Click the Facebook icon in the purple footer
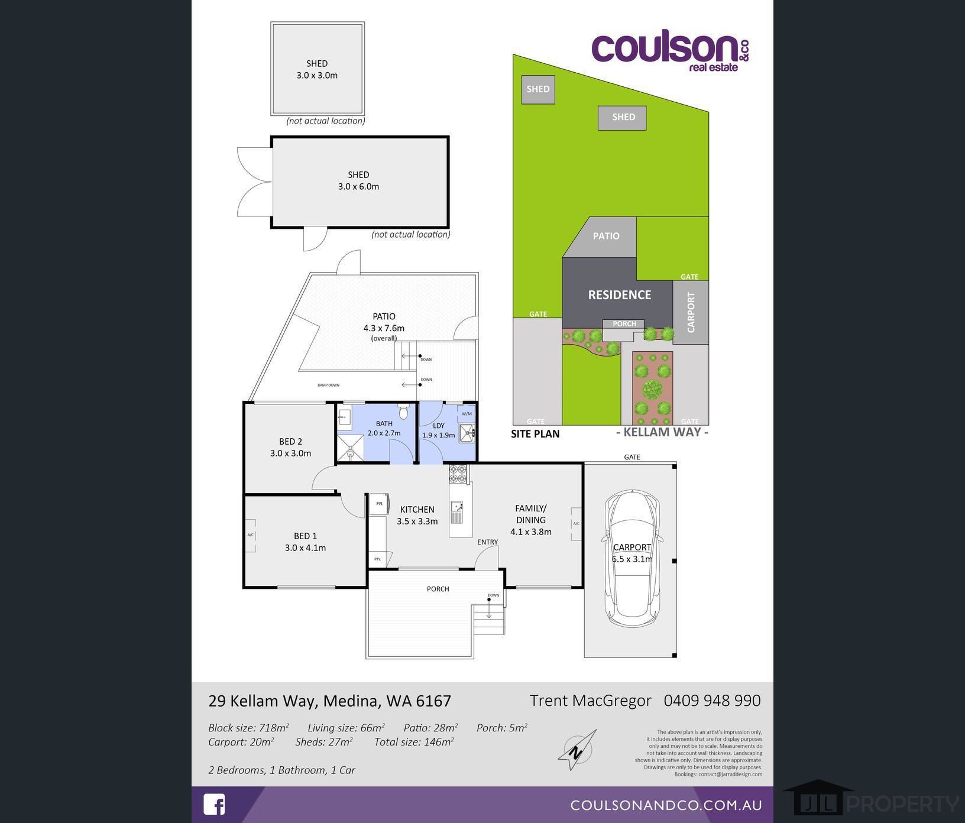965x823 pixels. [214, 805]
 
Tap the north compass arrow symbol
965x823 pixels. [577, 750]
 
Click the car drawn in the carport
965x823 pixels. [632, 558]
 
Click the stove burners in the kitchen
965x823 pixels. [458, 474]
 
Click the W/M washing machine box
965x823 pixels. [467, 414]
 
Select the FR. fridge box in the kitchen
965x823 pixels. [379, 504]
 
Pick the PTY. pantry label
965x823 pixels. [377, 559]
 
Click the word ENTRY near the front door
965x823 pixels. [487, 542]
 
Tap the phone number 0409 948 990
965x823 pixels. [712, 701]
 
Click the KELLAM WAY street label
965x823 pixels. [662, 432]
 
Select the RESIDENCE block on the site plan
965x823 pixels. [619, 294]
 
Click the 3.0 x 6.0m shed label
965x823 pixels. [358, 181]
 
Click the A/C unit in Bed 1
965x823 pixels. [251, 536]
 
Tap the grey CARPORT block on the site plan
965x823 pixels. [691, 312]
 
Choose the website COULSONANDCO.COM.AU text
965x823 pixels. [666, 805]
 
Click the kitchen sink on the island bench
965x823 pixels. [456, 507]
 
